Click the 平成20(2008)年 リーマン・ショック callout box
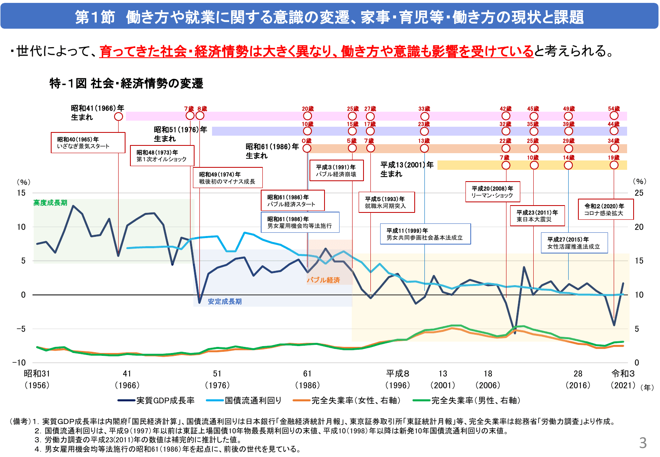tap(492, 192)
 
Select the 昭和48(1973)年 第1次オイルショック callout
tap(162, 156)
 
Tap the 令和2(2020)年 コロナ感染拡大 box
tap(606, 209)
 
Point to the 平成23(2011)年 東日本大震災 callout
tap(537, 216)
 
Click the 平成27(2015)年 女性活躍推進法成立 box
tap(574, 243)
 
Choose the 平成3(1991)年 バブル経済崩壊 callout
tap(336, 171)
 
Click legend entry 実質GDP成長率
tap(156, 401)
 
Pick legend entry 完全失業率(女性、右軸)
tap(347, 401)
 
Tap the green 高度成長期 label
tap(50, 203)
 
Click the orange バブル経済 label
tap(323, 280)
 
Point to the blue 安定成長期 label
tap(225, 301)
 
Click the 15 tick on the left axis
tap(21, 193)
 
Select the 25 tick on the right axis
tap(639, 193)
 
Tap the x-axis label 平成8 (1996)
tap(398, 379)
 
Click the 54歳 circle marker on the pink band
tap(614, 116)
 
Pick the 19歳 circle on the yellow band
tap(614, 165)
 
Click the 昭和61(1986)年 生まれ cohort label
tap(272, 151)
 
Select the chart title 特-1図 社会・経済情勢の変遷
tap(126, 84)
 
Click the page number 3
tap(643, 443)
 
